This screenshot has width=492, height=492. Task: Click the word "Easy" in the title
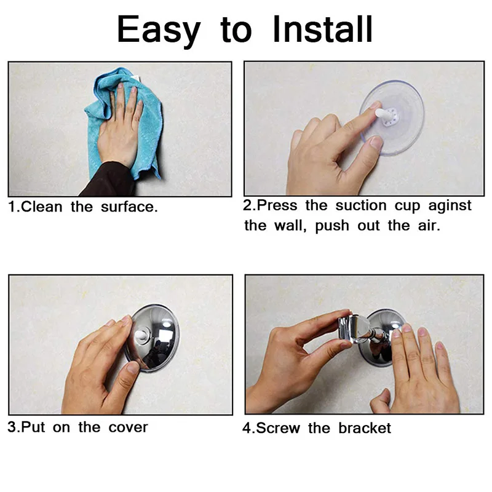point(159,30)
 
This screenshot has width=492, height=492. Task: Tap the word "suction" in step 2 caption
point(362,205)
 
